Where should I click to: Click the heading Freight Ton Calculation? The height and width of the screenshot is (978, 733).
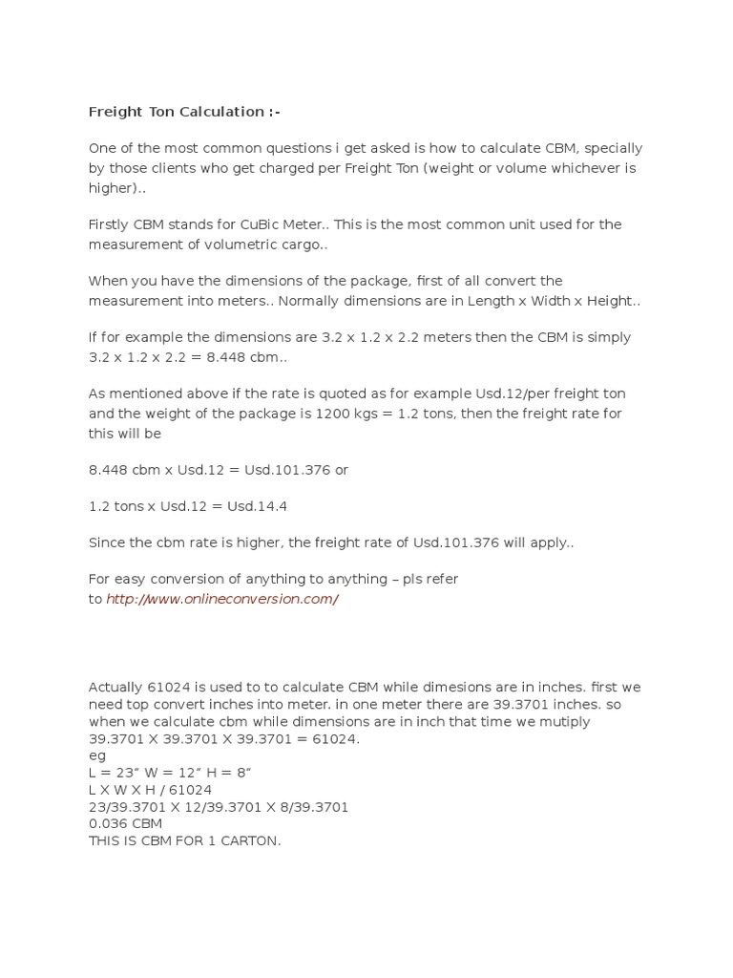point(184,112)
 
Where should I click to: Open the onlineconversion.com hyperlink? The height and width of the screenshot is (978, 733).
point(221,599)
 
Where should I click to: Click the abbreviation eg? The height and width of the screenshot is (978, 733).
point(96,755)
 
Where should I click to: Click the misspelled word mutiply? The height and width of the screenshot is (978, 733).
point(563,721)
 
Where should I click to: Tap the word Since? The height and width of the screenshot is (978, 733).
point(107,542)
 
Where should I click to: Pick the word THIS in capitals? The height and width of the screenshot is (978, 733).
point(106,841)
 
